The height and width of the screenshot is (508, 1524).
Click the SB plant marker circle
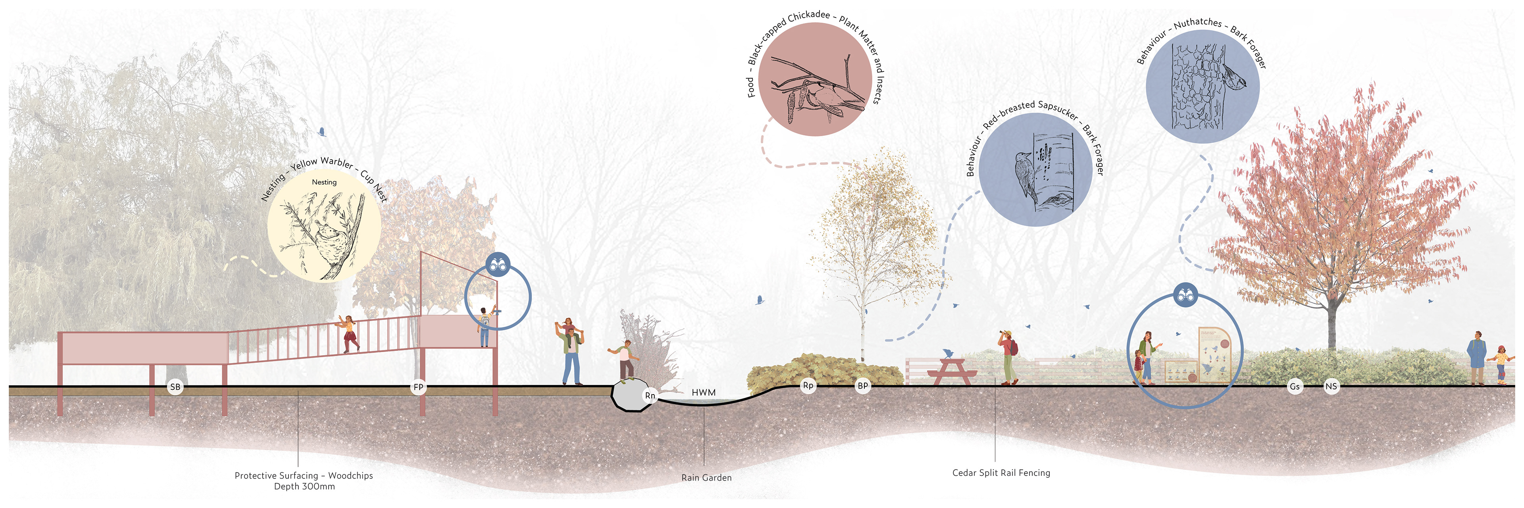click(x=175, y=387)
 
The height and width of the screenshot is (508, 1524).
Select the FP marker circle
click(x=418, y=387)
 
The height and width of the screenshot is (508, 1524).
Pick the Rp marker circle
click(x=808, y=386)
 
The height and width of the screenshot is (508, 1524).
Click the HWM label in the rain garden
click(x=703, y=392)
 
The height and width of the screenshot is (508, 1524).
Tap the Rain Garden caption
click(x=706, y=477)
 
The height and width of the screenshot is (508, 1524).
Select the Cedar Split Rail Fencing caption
click(x=1001, y=473)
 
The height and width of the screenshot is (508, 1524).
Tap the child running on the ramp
click(x=350, y=333)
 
